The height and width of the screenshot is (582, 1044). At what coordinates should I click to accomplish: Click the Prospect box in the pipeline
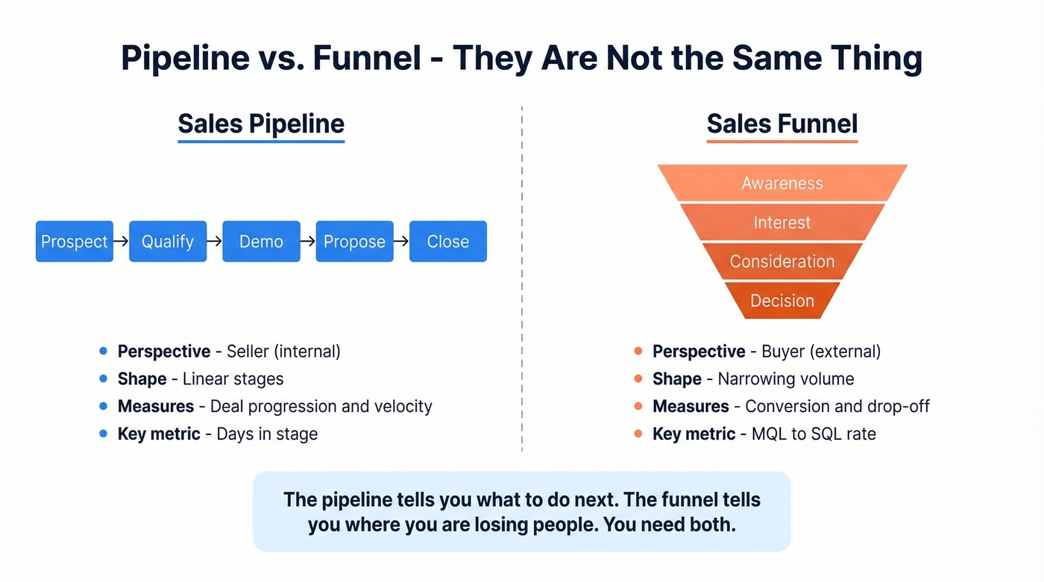75,241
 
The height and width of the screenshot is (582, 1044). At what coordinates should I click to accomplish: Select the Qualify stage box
168,241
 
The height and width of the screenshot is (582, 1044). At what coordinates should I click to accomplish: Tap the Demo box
261,241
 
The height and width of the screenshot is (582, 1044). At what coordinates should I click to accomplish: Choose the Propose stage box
354,241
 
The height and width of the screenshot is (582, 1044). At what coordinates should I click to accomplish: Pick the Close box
448,241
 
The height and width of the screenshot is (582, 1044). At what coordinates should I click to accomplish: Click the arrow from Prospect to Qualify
121,241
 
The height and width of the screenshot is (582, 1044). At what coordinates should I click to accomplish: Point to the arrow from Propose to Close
400,241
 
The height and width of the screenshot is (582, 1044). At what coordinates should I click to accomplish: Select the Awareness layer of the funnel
782,183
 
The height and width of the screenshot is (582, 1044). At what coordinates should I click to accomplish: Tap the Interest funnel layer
782,222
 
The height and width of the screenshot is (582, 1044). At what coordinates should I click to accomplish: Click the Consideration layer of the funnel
782,262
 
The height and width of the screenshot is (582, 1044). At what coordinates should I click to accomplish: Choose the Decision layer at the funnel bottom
782,300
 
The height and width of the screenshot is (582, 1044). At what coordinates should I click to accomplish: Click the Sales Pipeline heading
261,124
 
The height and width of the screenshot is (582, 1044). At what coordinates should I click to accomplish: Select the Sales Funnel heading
782,124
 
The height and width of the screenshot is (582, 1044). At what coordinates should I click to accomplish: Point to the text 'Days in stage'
267,434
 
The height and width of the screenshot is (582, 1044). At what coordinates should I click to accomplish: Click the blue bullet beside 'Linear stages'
103,379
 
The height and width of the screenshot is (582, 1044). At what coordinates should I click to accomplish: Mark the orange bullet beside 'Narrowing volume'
638,379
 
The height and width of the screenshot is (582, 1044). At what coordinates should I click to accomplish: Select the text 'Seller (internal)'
283,351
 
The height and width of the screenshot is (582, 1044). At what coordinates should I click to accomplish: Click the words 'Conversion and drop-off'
837,406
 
